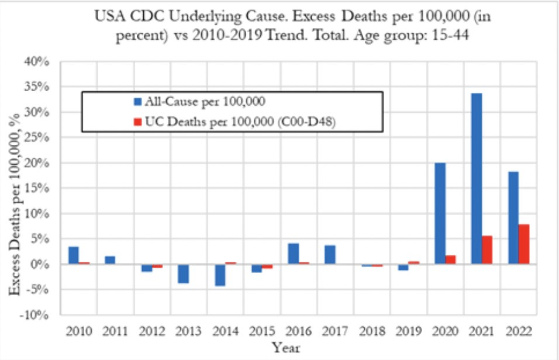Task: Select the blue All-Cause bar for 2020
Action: pos(440,213)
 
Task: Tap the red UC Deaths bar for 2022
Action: pos(523,244)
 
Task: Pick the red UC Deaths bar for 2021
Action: pos(486,250)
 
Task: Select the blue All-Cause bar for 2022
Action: pos(514,217)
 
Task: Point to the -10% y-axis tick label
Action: pos(37,315)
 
